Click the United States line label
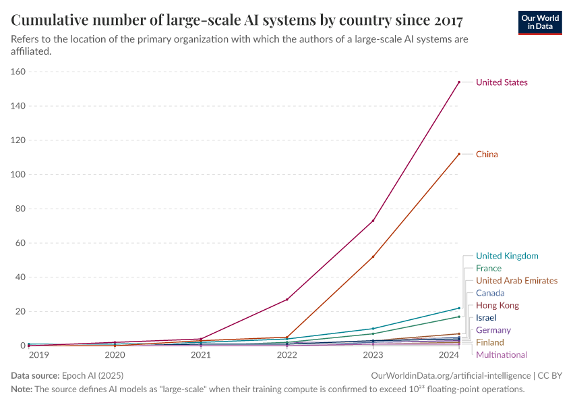[502, 82]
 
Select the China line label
[487, 155]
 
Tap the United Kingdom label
[507, 256]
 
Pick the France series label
[488, 269]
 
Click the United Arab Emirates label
[516, 281]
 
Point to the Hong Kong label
[497, 306]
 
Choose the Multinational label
[502, 355]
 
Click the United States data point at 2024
[459, 82]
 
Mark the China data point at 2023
[373, 256]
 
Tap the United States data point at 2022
[286, 300]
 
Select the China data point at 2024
[459, 154]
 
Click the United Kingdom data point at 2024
[459, 308]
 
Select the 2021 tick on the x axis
[200, 354]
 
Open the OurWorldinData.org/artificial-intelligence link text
[450, 375]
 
